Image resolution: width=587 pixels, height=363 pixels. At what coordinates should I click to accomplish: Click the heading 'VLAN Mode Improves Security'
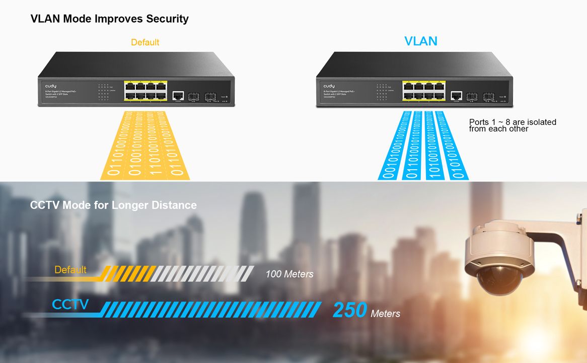coord(109,19)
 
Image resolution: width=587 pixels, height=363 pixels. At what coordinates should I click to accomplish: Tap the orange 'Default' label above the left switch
coord(145,42)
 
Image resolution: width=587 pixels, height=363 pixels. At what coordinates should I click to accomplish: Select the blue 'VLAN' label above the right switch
coord(421,41)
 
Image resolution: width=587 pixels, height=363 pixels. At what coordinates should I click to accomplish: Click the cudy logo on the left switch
coord(51,86)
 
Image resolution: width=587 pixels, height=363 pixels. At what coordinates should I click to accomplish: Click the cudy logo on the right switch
coord(329,86)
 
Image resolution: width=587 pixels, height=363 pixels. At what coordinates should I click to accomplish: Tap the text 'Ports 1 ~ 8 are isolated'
coord(512,122)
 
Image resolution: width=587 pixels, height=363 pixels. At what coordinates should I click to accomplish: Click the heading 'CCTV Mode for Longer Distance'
coord(113,205)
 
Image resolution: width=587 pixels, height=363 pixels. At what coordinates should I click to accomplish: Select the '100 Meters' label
coord(289,274)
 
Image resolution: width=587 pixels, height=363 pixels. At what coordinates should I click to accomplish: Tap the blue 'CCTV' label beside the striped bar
coord(70,304)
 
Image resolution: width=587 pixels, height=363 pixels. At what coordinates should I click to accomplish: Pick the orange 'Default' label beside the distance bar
coord(70,270)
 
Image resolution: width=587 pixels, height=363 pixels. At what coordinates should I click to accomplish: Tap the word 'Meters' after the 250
coord(385,314)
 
